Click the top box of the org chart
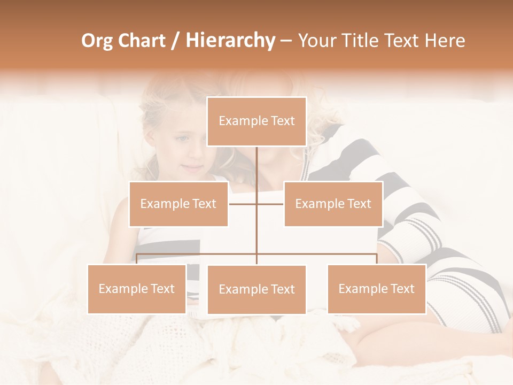click(x=256, y=121)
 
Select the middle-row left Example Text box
click(x=178, y=204)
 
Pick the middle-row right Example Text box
click(x=333, y=204)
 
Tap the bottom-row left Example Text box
click(x=137, y=289)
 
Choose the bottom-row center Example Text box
click(x=256, y=289)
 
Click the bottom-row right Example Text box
click(x=376, y=289)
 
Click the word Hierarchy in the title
click(x=230, y=41)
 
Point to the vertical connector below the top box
click(x=256, y=166)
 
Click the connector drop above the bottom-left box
click(x=137, y=259)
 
